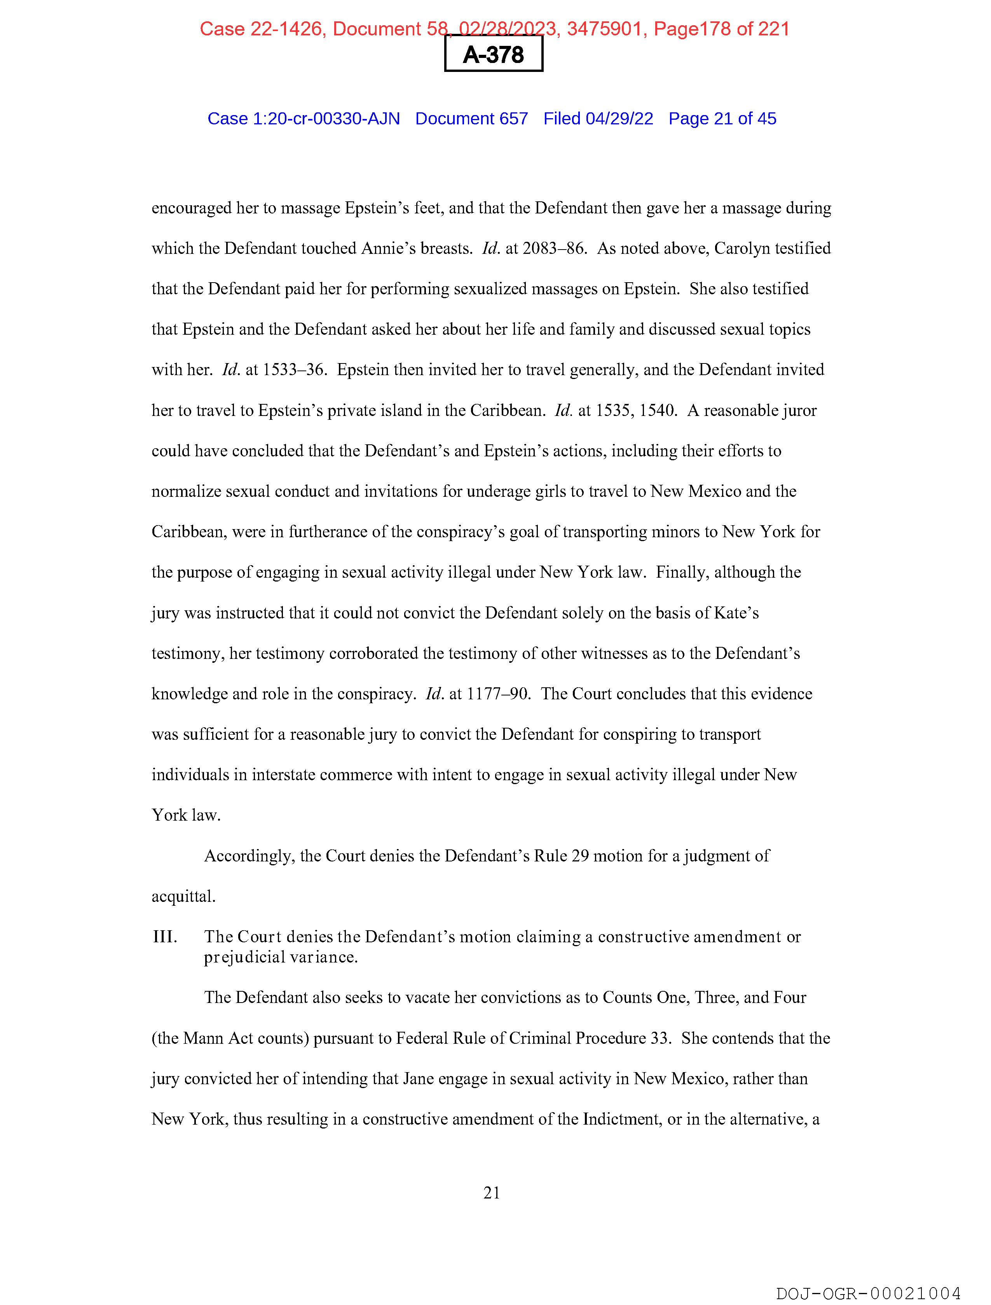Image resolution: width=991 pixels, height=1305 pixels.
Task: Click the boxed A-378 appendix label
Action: pos(493,54)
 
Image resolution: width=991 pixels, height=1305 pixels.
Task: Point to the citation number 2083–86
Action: pos(554,248)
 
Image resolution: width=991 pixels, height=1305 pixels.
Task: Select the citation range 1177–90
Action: pos(499,694)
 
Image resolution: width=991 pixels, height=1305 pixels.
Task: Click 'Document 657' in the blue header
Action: pos(471,119)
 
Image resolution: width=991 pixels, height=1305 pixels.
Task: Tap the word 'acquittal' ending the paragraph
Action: pos(183,897)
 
